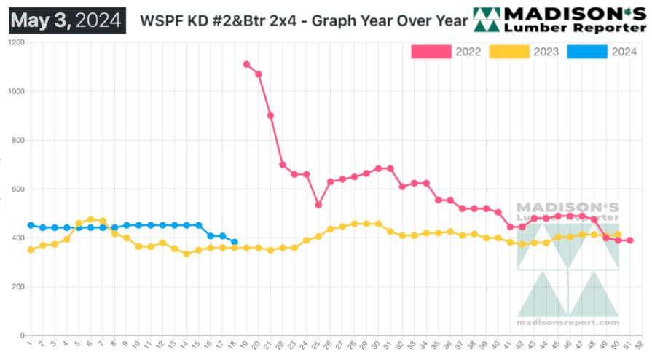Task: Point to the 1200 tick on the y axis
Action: tap(16, 43)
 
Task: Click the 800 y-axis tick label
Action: tap(17, 141)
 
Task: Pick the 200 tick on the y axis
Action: tap(17, 287)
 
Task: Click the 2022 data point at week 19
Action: tap(246, 64)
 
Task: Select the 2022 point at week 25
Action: tap(318, 205)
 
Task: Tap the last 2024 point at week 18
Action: tap(234, 242)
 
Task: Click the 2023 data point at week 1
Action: tap(31, 250)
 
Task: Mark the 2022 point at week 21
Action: tap(270, 115)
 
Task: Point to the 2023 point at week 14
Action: tap(186, 254)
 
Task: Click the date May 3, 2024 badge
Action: tap(66, 20)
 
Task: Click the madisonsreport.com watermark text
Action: tap(567, 322)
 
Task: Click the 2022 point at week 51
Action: tap(629, 240)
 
